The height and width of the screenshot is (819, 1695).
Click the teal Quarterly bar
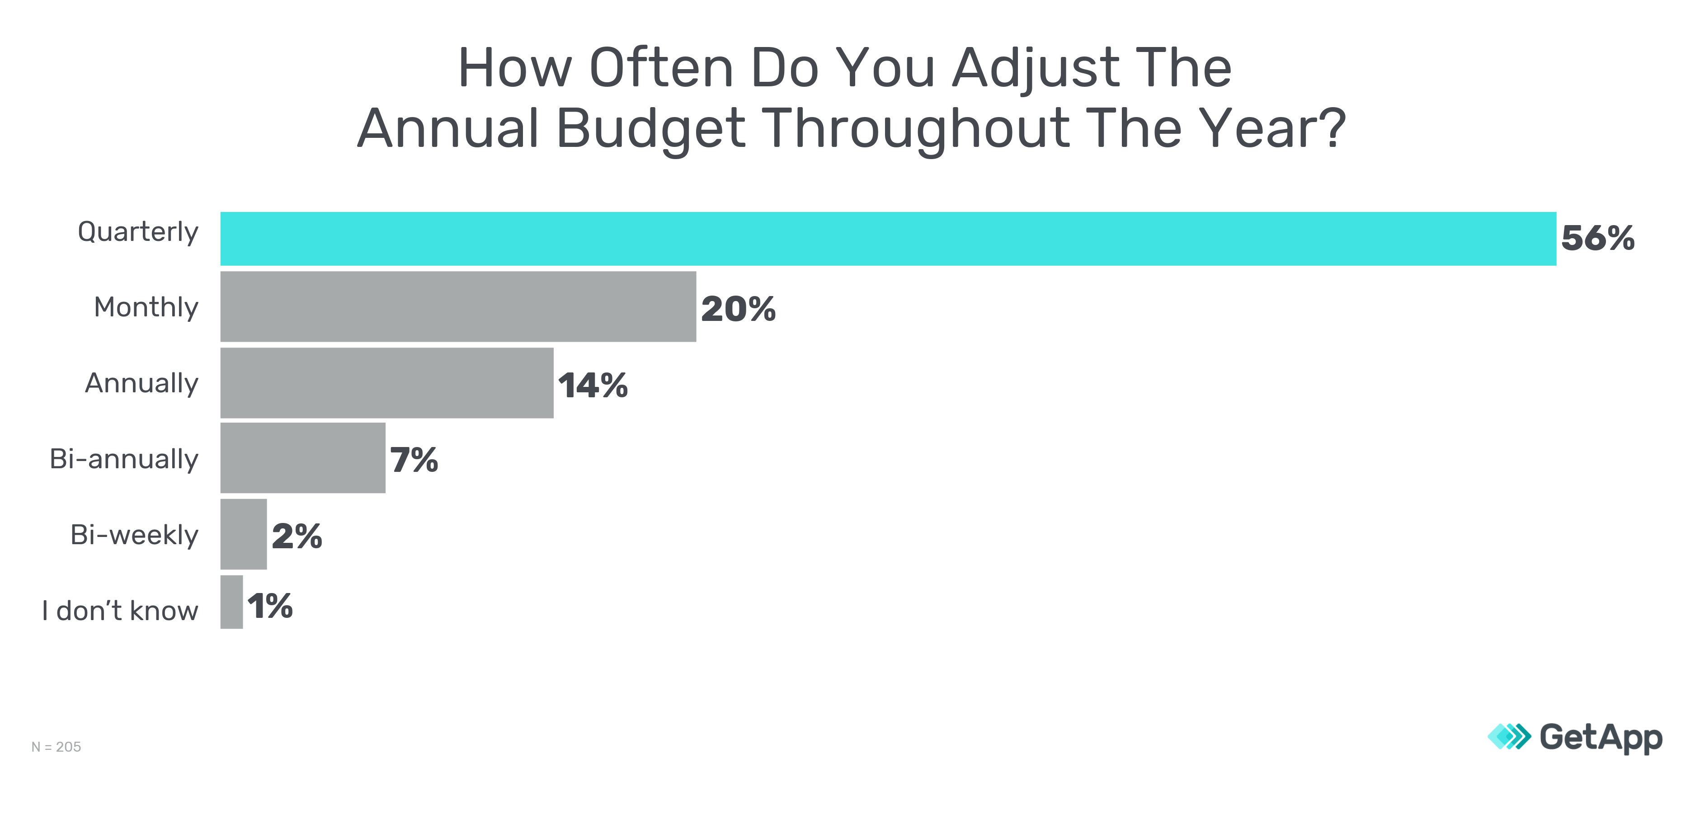coord(888,239)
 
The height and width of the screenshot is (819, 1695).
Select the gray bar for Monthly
coord(458,306)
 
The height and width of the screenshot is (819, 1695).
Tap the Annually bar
coord(387,383)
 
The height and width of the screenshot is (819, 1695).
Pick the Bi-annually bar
coord(303,458)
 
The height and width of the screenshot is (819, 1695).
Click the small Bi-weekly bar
coord(244,534)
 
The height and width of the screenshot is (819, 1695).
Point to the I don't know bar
coord(231,602)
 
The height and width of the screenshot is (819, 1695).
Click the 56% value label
coord(1598,238)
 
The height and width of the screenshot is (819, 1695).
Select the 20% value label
coord(738,309)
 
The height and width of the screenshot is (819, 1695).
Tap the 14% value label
coord(593,386)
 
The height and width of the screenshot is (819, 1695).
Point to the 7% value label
coord(414,460)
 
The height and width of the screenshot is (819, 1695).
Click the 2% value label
coord(297,536)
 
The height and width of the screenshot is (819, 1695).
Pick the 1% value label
coord(270,606)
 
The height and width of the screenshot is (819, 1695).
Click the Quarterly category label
coord(138,232)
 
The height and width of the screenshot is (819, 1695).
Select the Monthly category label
coord(146,307)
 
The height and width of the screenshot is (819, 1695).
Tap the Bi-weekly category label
coord(134,535)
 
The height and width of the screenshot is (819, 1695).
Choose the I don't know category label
coord(120,611)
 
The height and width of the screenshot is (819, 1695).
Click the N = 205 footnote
coord(56,747)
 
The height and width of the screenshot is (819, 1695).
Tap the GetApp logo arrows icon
coord(1509,737)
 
